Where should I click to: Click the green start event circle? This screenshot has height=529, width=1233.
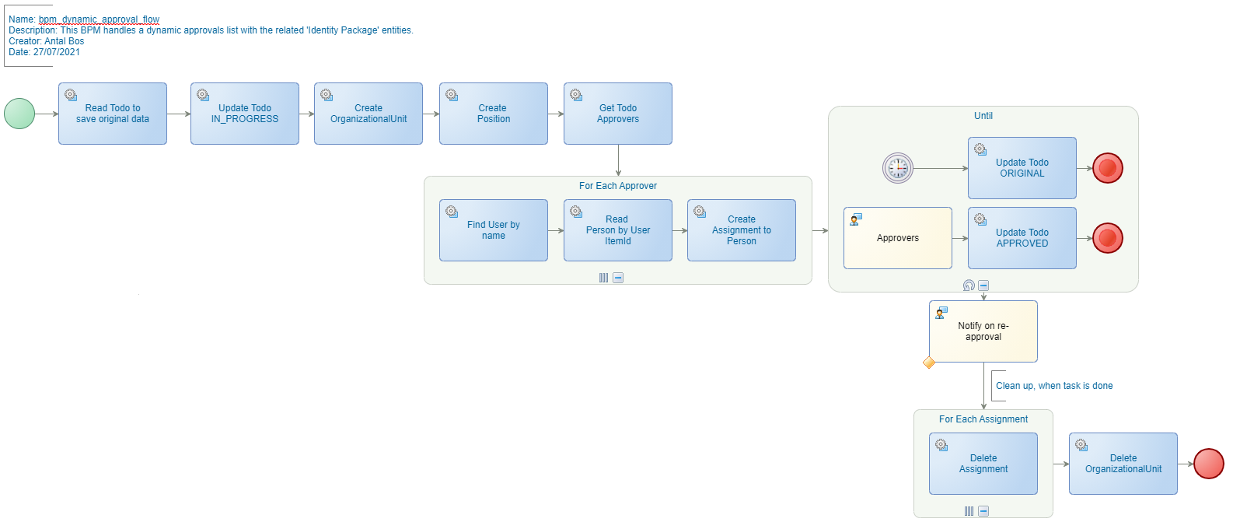[x=19, y=114]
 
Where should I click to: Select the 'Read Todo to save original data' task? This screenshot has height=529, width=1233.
[x=113, y=114]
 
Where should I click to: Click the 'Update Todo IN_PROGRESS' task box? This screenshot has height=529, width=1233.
[x=245, y=114]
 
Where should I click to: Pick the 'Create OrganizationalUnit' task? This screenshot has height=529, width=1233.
[x=369, y=114]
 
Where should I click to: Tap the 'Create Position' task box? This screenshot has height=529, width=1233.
[x=494, y=114]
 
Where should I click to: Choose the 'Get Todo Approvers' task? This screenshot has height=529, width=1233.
[x=618, y=114]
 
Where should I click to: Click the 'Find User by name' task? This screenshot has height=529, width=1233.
[x=494, y=230]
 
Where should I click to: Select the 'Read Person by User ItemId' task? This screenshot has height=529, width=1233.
[x=618, y=230]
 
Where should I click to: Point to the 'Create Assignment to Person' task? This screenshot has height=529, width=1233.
[x=742, y=230]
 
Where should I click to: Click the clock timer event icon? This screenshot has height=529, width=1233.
[x=898, y=168]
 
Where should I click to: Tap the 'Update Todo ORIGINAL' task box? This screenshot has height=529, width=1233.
[x=1022, y=168]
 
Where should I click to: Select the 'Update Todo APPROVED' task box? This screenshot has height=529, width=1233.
[x=1022, y=238]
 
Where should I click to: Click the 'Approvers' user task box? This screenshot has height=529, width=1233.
[x=898, y=238]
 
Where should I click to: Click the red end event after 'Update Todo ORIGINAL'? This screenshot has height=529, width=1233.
[x=1108, y=168]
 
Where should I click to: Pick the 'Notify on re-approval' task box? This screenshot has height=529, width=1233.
[x=983, y=331]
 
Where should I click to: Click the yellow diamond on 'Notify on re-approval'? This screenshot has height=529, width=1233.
[x=929, y=363]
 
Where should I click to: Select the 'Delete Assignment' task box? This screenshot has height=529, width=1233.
[x=983, y=464]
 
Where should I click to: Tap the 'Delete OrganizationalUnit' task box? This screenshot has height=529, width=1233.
[x=1123, y=464]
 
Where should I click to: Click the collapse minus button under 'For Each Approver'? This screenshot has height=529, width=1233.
[x=618, y=278]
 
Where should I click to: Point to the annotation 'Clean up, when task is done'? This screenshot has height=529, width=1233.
[x=1054, y=386]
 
